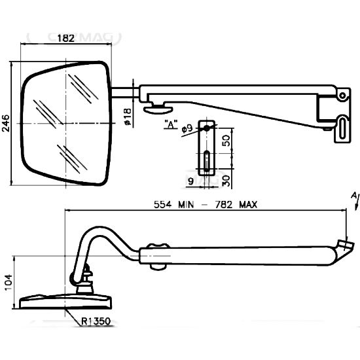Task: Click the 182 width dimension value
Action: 66,39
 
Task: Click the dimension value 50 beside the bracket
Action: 225,141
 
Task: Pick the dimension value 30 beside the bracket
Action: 225,179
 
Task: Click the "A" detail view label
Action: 171,124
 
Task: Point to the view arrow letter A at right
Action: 354,195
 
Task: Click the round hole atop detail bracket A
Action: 206,128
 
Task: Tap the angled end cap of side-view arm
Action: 346,247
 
